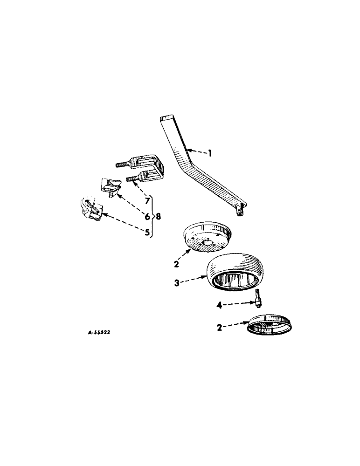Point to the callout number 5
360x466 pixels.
[x=147, y=232]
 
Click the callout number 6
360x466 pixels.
[x=147, y=217]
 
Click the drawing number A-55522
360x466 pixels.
[x=100, y=333]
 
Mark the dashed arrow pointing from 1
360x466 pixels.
[x=197, y=151]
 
